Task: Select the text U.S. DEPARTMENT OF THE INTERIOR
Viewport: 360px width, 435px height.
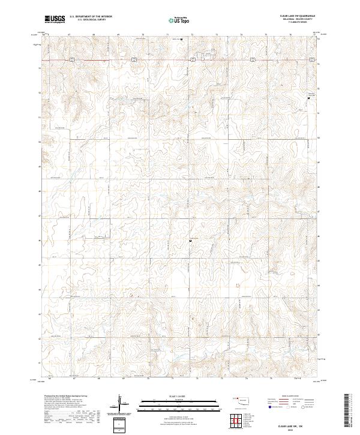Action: coord(90,17)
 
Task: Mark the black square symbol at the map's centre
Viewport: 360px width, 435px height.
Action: coord(191,241)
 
